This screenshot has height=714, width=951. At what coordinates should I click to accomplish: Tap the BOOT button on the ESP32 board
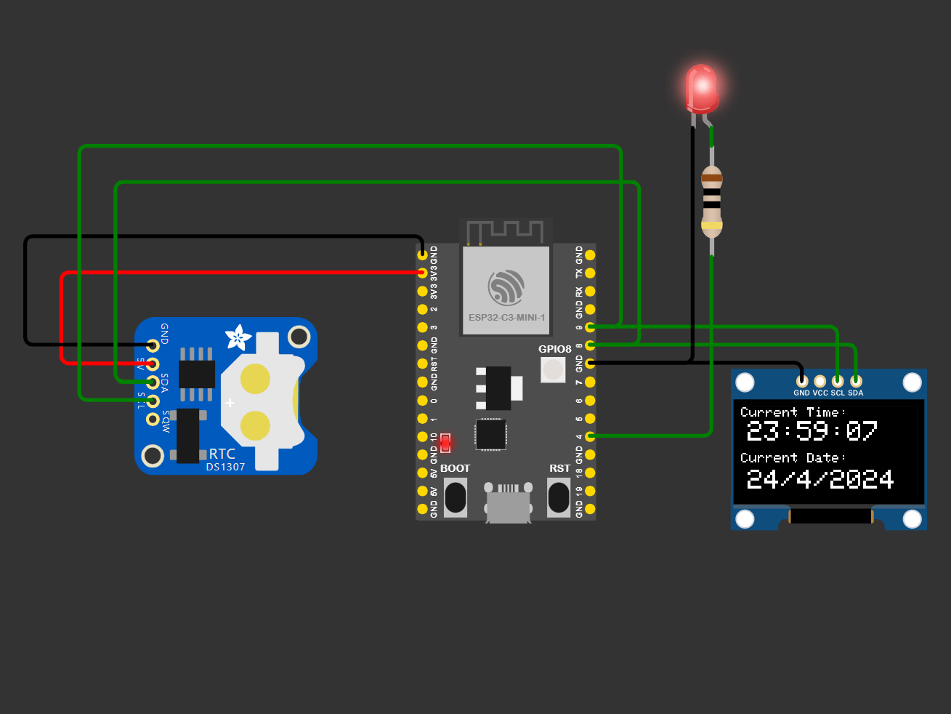coord(456,497)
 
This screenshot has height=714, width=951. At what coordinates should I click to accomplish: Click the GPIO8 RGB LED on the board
coord(553,370)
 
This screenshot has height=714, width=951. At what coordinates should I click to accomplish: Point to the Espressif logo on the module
coord(506,287)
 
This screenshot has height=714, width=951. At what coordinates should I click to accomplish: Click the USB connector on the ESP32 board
coord(508,502)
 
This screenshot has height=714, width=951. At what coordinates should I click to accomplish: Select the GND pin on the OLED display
coord(801,381)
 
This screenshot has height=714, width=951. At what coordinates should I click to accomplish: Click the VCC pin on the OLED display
coord(820,381)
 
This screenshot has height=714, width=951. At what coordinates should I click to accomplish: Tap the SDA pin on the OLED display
coord(856,381)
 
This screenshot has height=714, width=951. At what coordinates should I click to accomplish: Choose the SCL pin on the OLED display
coord(838,381)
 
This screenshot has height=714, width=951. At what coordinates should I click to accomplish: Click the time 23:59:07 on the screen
coord(812,431)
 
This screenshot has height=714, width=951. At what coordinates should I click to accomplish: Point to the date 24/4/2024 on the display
coord(820,479)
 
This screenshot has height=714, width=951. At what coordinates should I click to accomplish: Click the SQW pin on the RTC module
coord(153,419)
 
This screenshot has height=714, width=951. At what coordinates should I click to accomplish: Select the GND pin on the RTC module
coord(153,345)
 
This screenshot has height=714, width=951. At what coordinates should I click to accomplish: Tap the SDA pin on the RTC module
coord(153,382)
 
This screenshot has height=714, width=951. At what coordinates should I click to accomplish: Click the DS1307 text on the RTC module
coord(225,467)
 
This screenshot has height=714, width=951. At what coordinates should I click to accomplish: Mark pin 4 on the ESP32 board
coord(590,436)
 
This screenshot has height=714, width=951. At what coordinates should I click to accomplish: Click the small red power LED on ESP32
coord(445,442)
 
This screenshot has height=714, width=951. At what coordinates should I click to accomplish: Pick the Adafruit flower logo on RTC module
coord(238,337)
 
